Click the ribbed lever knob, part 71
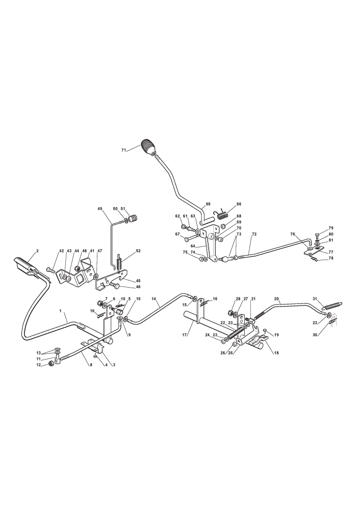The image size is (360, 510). click(x=148, y=148)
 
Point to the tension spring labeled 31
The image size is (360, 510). click(x=332, y=305)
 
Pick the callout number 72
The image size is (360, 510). click(x=254, y=234)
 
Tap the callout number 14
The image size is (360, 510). click(x=154, y=298)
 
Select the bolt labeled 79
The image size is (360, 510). click(x=317, y=236)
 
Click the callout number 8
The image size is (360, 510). click(x=91, y=365)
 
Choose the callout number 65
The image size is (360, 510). click(x=208, y=204)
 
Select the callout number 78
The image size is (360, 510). click(x=331, y=258)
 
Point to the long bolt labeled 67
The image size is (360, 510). click(x=192, y=240)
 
